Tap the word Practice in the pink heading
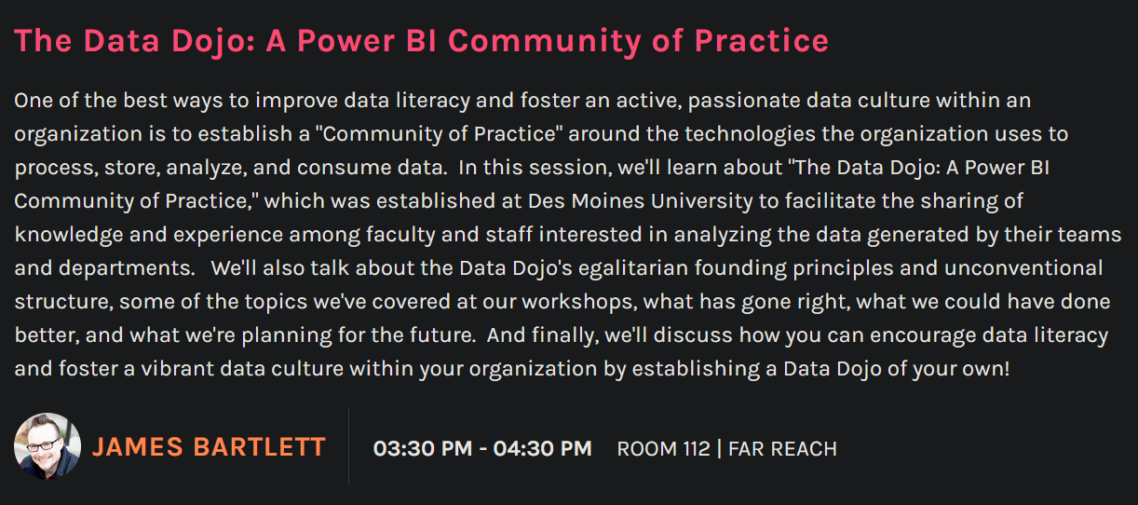[762, 41]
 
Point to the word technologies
[750, 134]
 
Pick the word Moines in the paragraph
[608, 201]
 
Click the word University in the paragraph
[701, 202]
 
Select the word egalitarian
[633, 268]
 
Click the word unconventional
[1023, 268]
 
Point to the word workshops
[579, 302]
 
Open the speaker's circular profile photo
[47, 446]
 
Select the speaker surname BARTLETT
[259, 447]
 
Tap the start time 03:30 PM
[423, 448]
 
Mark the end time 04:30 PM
[543, 448]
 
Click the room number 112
[697, 449]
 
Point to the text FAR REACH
[782, 449]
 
